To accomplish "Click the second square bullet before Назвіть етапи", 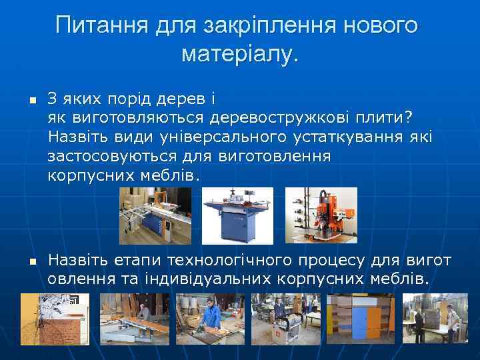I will pyautogui.click(x=31, y=259).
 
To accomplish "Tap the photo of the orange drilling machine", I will pyautogui.click(x=321, y=215).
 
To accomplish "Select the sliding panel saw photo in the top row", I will pyautogui.click(x=155, y=215).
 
